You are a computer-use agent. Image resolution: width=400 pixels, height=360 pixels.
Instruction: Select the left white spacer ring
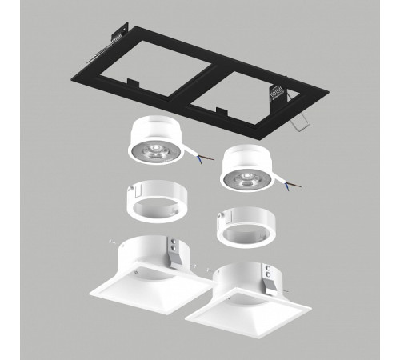(x=152, y=200)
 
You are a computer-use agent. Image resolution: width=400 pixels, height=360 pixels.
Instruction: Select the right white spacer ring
(x=241, y=228)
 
